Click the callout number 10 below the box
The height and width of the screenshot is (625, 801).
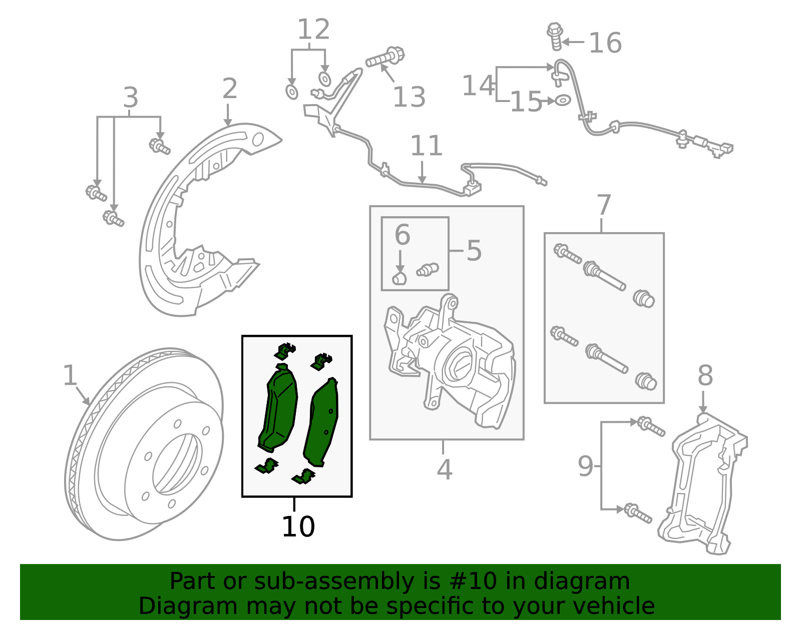[298, 527]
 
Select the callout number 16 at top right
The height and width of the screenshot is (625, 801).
[605, 43]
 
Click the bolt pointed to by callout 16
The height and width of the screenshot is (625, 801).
[555, 37]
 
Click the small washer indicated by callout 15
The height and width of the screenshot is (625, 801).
[563, 100]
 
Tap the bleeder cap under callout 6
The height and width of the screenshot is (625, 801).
[399, 278]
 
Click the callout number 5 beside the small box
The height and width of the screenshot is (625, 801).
[474, 250]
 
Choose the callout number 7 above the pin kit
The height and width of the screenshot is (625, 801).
[604, 205]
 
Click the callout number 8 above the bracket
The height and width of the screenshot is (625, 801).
[705, 375]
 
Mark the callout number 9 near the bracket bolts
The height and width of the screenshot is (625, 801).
[585, 466]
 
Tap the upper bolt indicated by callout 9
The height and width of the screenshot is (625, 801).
[650, 426]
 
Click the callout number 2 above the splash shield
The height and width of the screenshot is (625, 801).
[229, 89]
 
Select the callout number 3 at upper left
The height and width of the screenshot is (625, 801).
[130, 98]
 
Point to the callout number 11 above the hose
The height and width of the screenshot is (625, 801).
[426, 146]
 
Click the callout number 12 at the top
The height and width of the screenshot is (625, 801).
[313, 30]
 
